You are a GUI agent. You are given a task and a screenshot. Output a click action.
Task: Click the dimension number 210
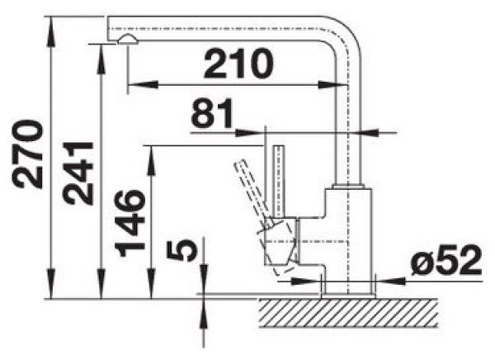(238, 64)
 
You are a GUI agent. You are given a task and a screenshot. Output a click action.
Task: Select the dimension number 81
(212, 113)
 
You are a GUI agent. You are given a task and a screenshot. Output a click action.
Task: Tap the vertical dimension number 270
(27, 154)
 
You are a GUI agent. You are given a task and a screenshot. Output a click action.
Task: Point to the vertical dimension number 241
(78, 173)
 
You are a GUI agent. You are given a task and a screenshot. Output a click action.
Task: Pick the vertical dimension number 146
(130, 223)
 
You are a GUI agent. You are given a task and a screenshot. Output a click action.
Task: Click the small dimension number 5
(181, 250)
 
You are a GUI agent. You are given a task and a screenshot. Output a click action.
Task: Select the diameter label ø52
(446, 260)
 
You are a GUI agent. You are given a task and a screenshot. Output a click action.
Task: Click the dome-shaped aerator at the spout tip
(128, 39)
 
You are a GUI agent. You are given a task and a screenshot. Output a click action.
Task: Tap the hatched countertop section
(348, 313)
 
